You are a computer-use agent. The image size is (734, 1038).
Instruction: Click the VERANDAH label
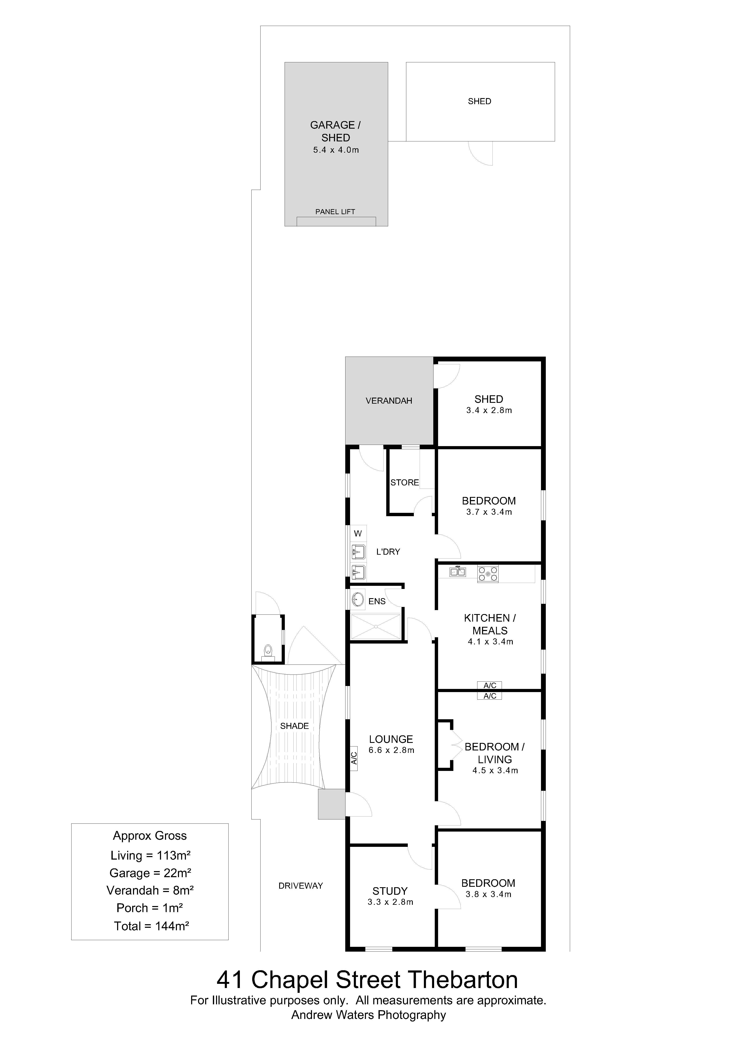tap(389, 401)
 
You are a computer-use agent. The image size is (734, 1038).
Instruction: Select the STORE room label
tap(404, 482)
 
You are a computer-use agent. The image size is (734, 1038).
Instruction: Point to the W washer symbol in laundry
tap(358, 534)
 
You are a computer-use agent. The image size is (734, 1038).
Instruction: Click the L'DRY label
tap(388, 552)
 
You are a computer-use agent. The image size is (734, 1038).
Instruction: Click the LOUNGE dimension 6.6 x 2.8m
tap(391, 750)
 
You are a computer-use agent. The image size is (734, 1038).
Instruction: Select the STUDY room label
tap(390, 891)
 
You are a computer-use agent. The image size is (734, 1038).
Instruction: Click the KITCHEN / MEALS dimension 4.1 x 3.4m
tap(490, 641)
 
